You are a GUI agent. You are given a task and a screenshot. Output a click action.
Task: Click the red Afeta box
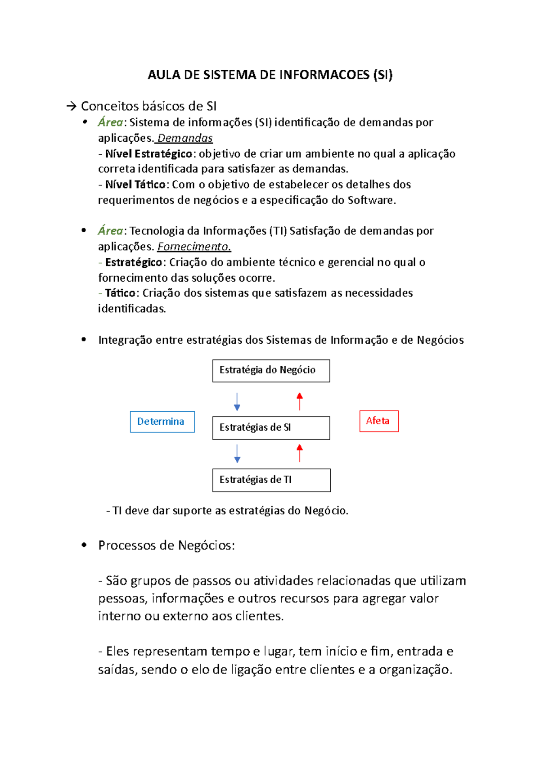(379, 421)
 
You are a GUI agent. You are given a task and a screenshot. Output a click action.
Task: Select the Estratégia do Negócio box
(271, 371)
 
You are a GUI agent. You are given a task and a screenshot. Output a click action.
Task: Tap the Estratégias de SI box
(271, 427)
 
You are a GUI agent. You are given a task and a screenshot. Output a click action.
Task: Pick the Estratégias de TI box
(271, 480)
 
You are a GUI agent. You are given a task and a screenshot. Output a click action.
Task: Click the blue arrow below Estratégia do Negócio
(237, 402)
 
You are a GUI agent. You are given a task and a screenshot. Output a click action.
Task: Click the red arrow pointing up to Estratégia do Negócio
(300, 401)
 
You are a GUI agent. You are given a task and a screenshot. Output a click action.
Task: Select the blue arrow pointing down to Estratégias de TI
(237, 454)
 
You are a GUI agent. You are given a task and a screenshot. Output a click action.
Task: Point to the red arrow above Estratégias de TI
(300, 453)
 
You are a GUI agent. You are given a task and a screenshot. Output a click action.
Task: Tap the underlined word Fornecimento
(194, 247)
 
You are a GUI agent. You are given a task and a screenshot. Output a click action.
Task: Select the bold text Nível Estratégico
(148, 154)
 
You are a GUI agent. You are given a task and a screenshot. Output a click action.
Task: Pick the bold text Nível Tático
(135, 184)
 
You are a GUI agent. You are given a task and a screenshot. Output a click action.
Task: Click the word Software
(371, 200)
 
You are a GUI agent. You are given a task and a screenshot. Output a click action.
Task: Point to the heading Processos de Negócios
(166, 545)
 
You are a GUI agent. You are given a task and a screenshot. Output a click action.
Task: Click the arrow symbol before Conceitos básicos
(71, 107)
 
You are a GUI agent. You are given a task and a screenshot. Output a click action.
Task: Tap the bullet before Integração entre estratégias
(84, 340)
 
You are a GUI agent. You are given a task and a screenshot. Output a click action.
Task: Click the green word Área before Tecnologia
(110, 231)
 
